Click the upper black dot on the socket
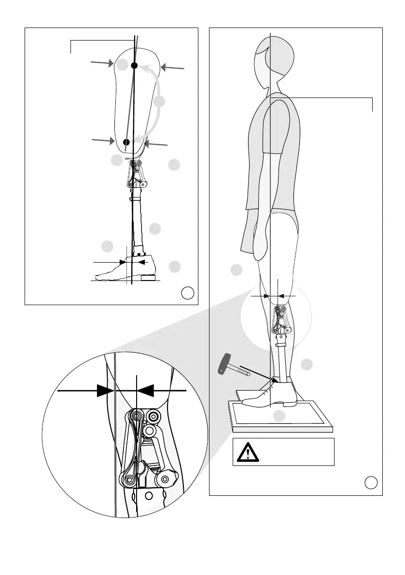pyautogui.click(x=135, y=65)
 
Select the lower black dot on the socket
pyautogui.click(x=126, y=142)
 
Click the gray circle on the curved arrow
pyautogui.click(x=160, y=101)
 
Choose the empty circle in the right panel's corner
pyautogui.click(x=371, y=482)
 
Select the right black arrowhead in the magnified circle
pyautogui.click(x=147, y=390)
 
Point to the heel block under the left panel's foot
pyautogui.click(x=148, y=278)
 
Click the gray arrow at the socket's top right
pyautogui.click(x=172, y=68)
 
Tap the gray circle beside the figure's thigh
pyautogui.click(x=236, y=270)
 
